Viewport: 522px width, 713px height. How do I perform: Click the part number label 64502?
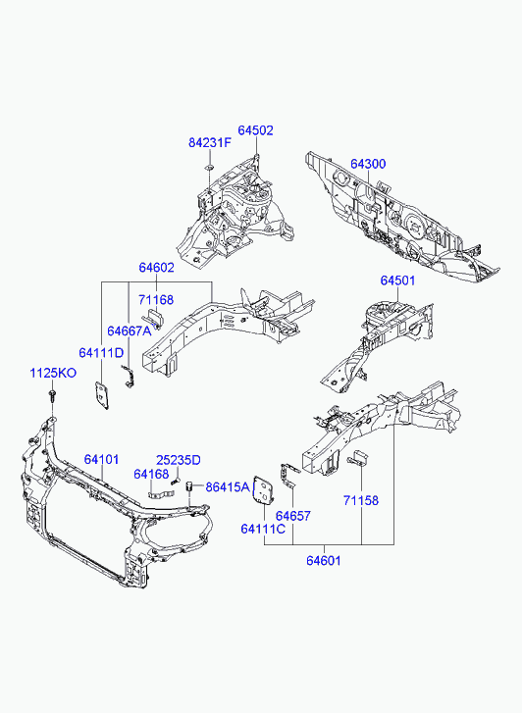256,130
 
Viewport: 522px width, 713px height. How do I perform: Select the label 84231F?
210,143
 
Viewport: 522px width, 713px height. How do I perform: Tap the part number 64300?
368,164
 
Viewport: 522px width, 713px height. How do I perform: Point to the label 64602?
157,268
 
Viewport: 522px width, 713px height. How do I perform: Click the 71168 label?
156,300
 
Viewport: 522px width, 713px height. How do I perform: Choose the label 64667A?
129,331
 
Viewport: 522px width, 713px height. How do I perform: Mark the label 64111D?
101,352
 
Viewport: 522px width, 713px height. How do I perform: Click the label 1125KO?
53,373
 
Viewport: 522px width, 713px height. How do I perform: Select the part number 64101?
101,459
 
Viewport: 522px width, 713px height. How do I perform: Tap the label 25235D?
179,460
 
